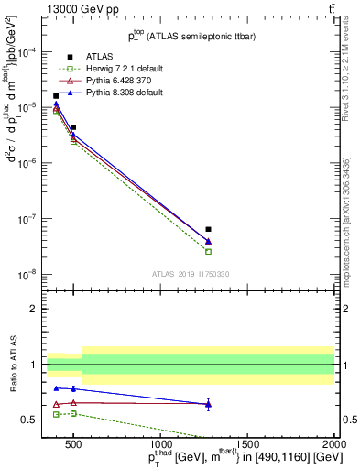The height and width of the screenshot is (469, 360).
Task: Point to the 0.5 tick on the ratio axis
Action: tap(32, 420)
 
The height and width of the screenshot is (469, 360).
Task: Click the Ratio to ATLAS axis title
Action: tap(12, 364)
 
